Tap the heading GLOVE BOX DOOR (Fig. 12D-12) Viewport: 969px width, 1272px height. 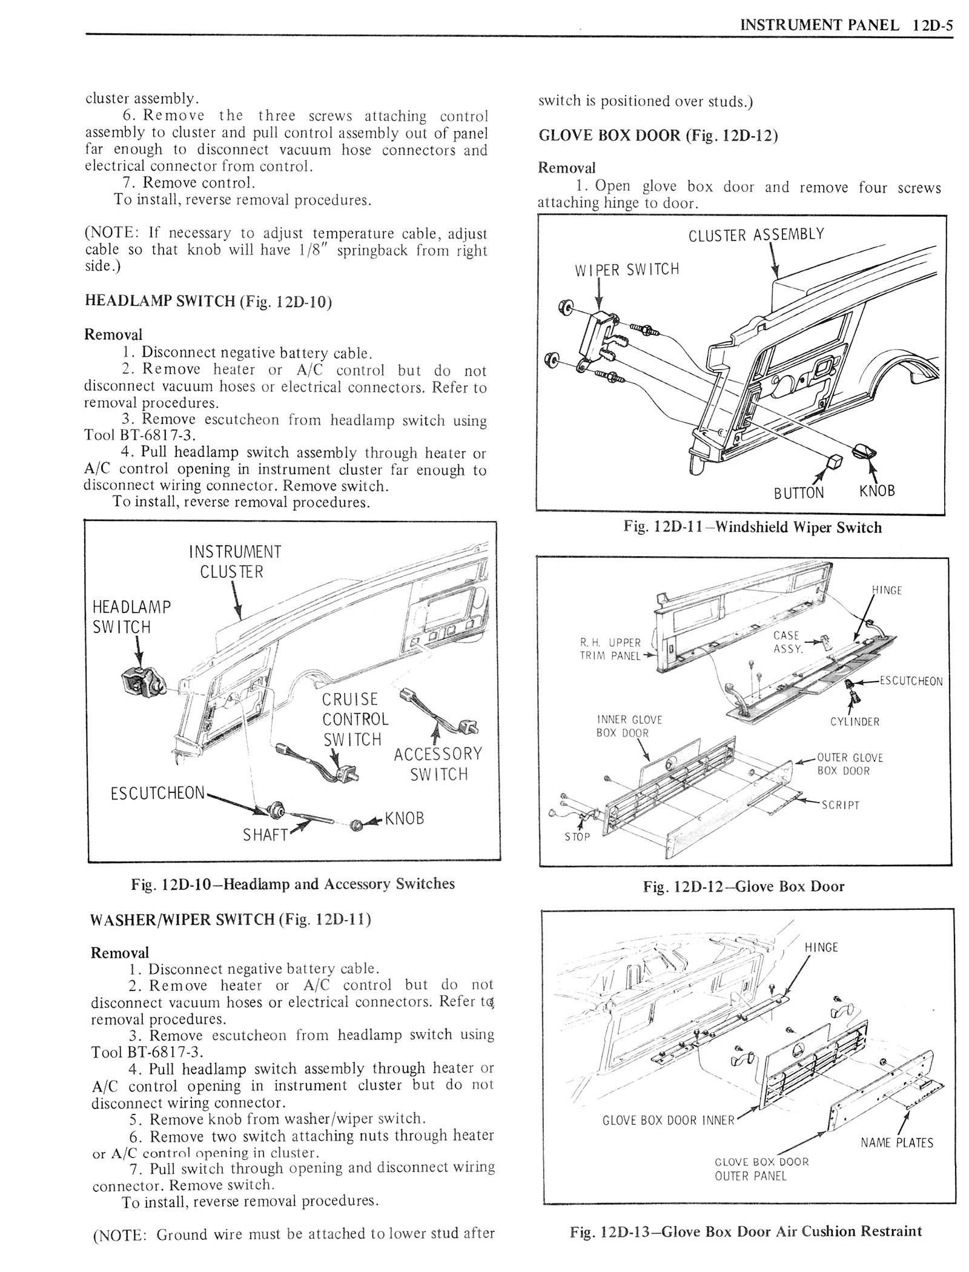(658, 134)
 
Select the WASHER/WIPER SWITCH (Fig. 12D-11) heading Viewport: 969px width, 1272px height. (230, 919)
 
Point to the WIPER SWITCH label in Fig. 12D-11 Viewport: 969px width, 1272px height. (627, 269)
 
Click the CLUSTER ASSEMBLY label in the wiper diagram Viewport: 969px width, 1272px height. (756, 234)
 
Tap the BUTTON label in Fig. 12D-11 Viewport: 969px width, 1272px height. (799, 492)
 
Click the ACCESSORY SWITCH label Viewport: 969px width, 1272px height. (438, 764)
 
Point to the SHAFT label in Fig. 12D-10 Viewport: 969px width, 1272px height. (265, 835)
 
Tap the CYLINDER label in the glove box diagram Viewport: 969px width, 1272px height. (855, 721)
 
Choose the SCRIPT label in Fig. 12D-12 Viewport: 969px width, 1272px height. (840, 805)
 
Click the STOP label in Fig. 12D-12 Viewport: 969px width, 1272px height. (577, 836)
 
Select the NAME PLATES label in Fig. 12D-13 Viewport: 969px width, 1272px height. (896, 1143)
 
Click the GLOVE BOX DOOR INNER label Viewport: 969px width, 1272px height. (667, 1120)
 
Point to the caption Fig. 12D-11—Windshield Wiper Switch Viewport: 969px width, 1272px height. (752, 528)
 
